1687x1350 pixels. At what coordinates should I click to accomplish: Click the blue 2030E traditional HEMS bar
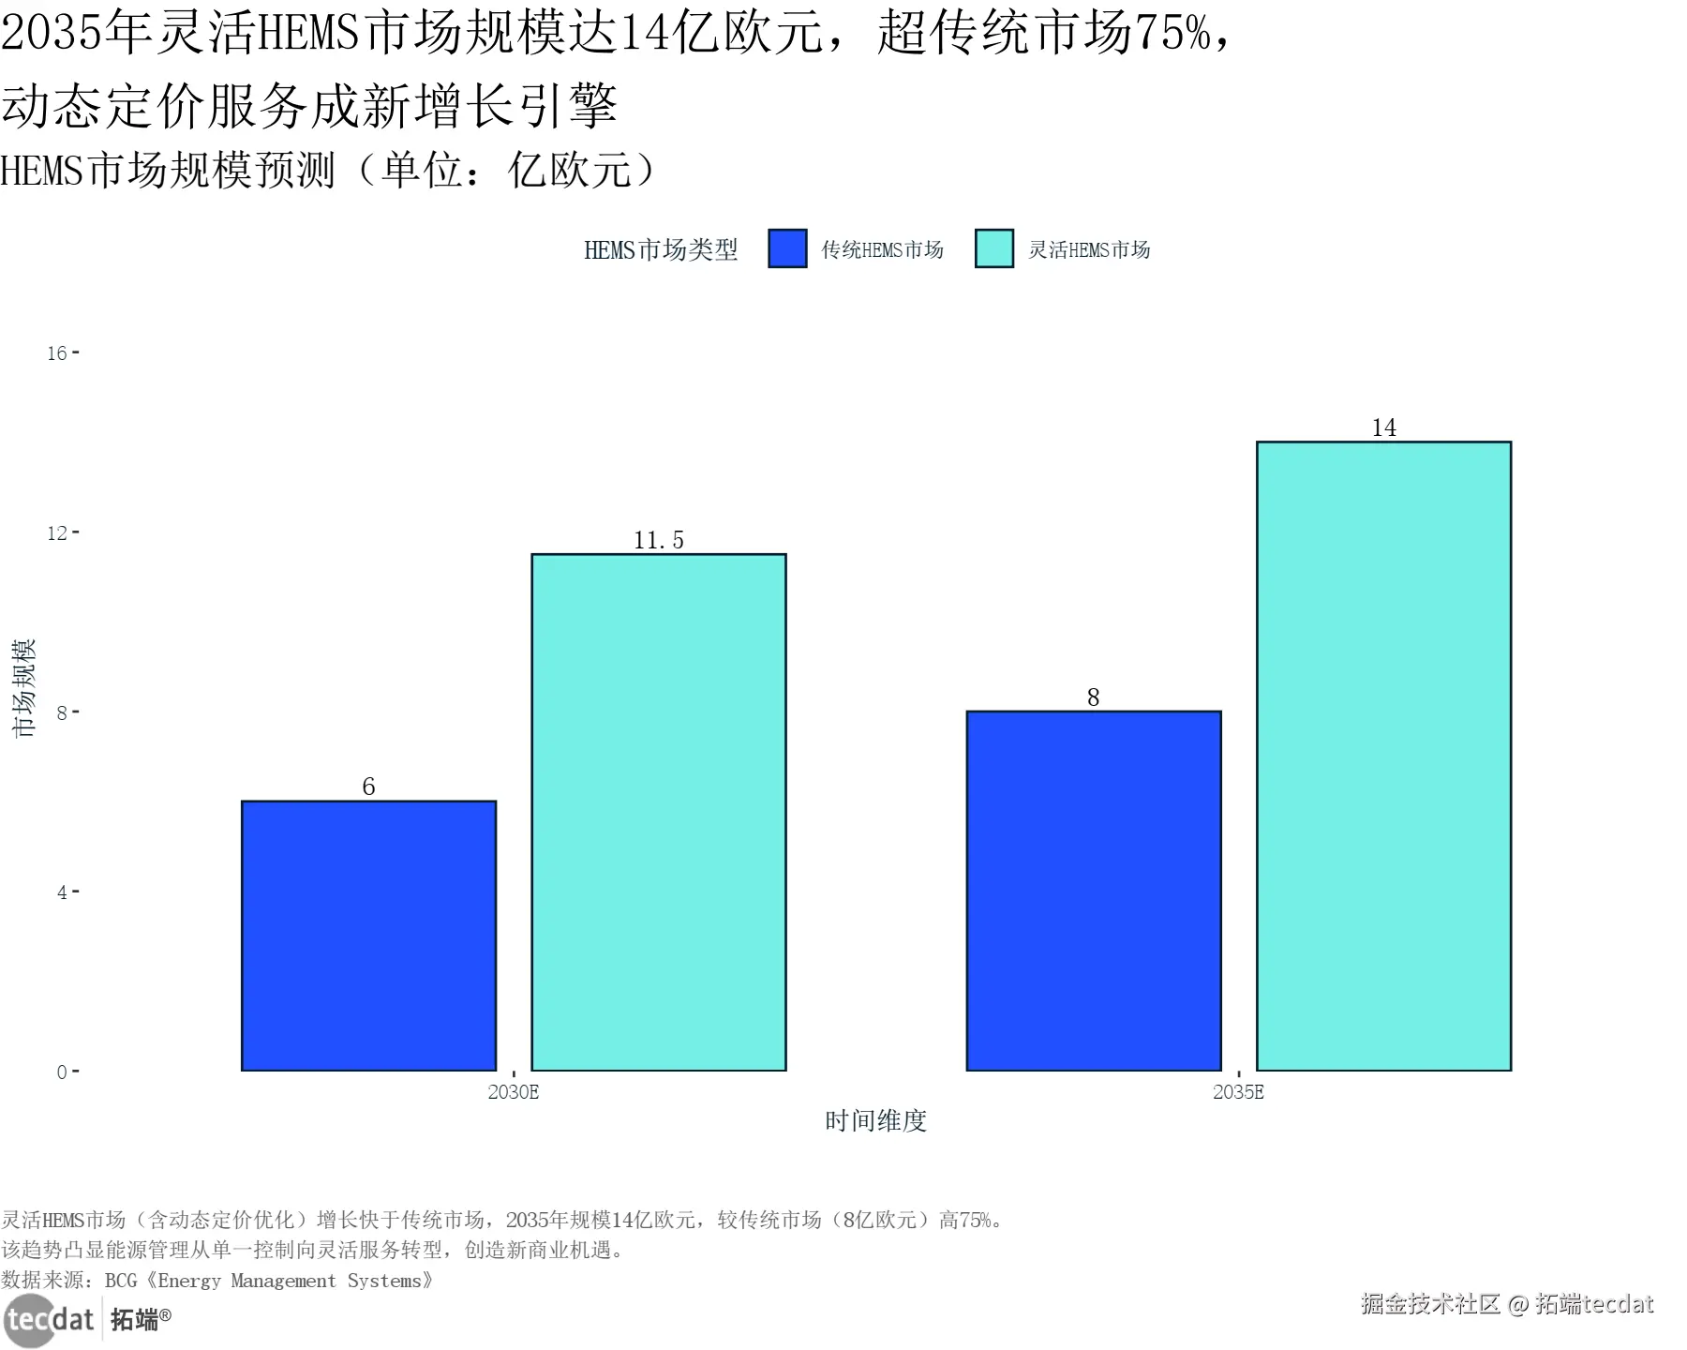(x=368, y=936)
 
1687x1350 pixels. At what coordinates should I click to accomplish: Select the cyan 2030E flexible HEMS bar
(x=658, y=812)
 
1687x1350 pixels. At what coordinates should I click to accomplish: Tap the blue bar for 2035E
(x=1093, y=891)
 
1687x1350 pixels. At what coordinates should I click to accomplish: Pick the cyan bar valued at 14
(x=1383, y=756)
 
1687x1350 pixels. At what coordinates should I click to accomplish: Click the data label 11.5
(x=658, y=540)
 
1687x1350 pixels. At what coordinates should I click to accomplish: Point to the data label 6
(x=368, y=787)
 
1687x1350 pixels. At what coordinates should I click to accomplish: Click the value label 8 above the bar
(x=1093, y=697)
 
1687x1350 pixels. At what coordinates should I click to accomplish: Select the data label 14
(x=1383, y=427)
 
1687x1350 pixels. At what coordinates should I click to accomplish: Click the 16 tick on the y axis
(x=57, y=353)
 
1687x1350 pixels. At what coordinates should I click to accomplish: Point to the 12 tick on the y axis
(x=57, y=533)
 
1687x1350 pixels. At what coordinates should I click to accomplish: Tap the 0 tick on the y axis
(x=62, y=1072)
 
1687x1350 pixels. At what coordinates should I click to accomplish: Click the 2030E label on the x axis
(x=514, y=1092)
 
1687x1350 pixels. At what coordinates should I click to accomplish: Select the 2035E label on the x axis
(x=1238, y=1092)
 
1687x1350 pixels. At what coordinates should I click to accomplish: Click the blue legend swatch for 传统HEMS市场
(x=787, y=249)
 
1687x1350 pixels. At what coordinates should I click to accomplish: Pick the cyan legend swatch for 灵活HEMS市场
(x=994, y=249)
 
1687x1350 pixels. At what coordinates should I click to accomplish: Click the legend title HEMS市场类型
(x=661, y=250)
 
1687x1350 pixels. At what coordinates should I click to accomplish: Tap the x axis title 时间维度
(x=875, y=1121)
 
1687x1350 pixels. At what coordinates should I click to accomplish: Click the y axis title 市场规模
(x=23, y=687)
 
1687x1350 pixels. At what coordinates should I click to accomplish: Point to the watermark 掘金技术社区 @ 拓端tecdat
(x=1506, y=1304)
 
